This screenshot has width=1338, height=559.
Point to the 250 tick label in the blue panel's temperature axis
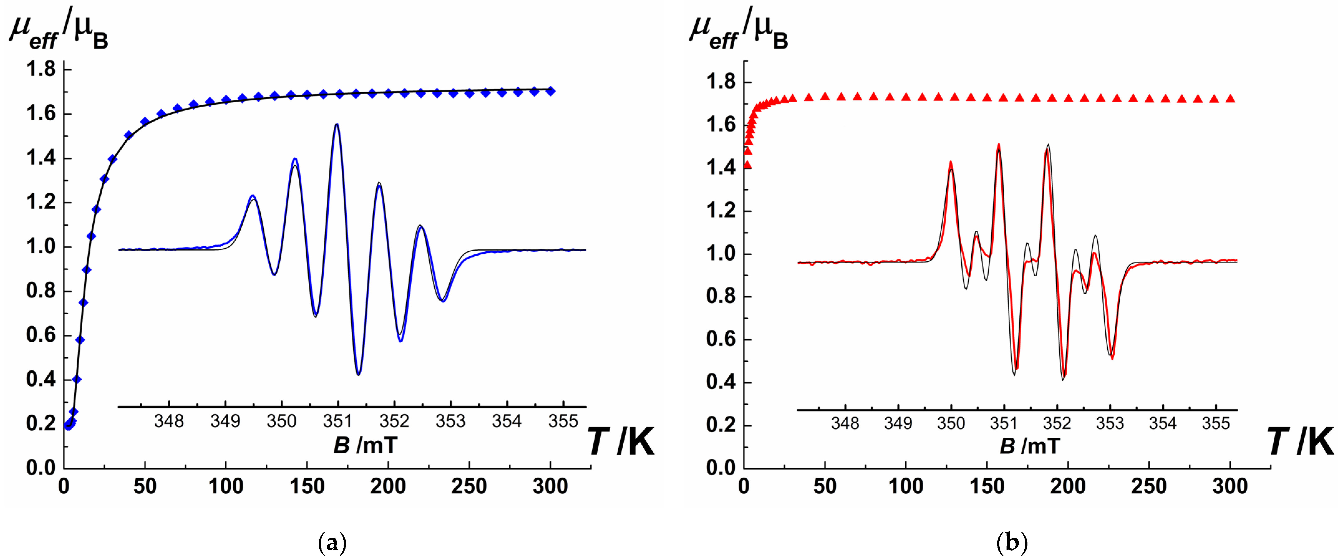469,487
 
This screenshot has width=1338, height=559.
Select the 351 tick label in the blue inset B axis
338,421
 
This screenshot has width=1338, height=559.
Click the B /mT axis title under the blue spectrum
365,445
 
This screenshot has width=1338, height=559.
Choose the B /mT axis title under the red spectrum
1030,446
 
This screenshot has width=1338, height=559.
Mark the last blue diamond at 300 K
551,91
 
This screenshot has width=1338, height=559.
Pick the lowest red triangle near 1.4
747,165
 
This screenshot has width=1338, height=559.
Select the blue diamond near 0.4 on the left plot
76,379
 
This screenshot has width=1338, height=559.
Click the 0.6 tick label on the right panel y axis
721,339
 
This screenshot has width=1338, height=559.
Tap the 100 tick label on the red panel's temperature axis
906,487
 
